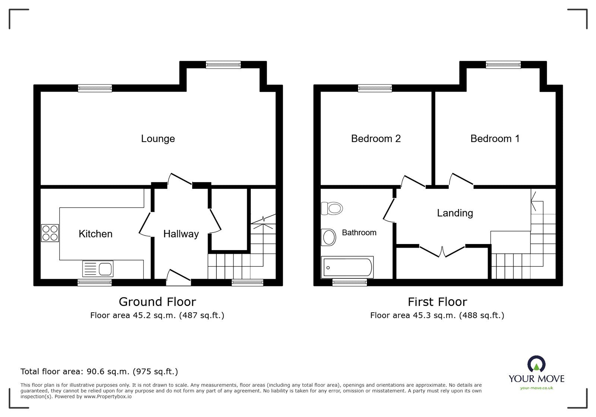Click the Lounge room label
click(x=158, y=139)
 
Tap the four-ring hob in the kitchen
click(x=50, y=233)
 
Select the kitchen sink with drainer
click(x=98, y=269)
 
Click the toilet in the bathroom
click(x=332, y=208)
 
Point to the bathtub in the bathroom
click(x=347, y=267)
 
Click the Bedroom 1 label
click(x=495, y=139)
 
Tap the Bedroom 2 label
click(x=375, y=139)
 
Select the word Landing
click(x=455, y=213)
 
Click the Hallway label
click(x=181, y=234)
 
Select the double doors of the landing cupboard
click(x=442, y=251)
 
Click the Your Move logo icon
click(x=536, y=364)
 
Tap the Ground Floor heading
click(x=157, y=301)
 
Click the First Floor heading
click(x=437, y=301)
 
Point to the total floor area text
click(x=99, y=372)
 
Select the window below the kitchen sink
click(x=95, y=283)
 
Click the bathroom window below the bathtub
click(x=349, y=283)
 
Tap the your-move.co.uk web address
click(x=536, y=388)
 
